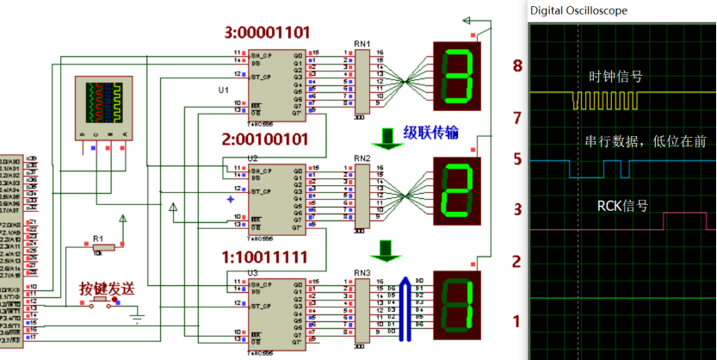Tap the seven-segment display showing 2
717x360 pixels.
click(x=456, y=190)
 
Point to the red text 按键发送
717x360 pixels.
click(x=108, y=289)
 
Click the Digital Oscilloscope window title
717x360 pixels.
click(x=578, y=10)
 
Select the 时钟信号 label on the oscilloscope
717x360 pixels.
click(x=615, y=77)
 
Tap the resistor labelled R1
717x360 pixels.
click(x=98, y=245)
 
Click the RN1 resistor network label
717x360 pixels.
click(x=362, y=43)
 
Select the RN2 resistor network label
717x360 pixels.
click(x=362, y=158)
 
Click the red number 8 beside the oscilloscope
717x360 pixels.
click(x=517, y=65)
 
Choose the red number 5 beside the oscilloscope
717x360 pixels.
click(x=517, y=159)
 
